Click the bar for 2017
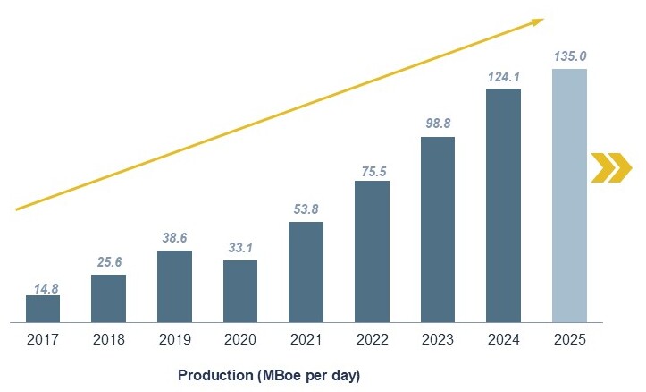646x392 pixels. (43, 309)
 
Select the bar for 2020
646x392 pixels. (240, 291)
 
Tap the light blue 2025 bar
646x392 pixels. (569, 195)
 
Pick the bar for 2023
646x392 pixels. (438, 229)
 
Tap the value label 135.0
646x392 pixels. (569, 57)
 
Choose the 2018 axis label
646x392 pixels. (108, 341)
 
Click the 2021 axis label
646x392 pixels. (306, 341)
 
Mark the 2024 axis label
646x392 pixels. (503, 341)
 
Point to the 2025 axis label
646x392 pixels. (569, 341)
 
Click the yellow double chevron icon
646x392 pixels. (611, 167)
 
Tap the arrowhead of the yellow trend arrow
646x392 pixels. (536, 21)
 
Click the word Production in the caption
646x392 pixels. (214, 375)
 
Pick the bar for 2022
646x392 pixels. (372, 251)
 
